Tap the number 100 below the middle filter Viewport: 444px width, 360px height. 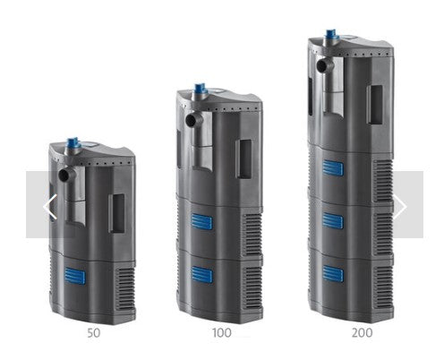pos(221,333)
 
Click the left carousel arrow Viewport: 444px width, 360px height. pos(49,207)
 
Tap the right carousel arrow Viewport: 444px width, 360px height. pos(399,207)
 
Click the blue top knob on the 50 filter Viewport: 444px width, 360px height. pos(73,142)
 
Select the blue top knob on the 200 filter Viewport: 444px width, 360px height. pos(330,35)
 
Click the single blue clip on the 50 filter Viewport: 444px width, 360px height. pos(74,276)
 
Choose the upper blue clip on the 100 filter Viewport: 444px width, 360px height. pos(202,222)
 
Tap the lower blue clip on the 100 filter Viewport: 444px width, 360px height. pos(202,275)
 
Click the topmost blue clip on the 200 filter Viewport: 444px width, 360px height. pos(333,167)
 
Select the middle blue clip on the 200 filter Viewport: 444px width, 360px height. pos(333,220)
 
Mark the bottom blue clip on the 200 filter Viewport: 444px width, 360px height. pos(333,274)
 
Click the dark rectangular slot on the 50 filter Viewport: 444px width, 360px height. pos(116,213)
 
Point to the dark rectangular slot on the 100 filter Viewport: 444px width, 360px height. pos(243,159)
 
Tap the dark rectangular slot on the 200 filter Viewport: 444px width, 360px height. pos(374,104)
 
